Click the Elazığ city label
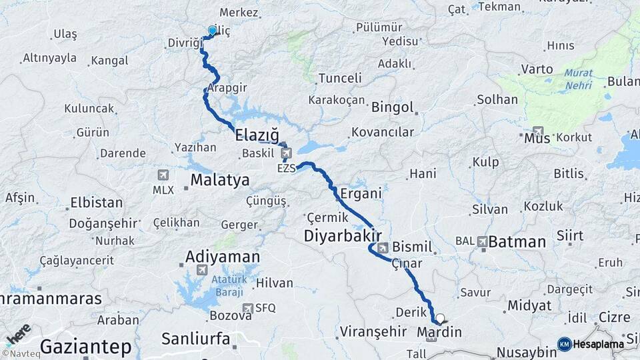pos(257,134)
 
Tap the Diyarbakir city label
pos(343,236)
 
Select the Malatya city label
pos(219,179)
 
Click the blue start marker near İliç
pos(213,31)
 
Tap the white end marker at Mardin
pos(439,319)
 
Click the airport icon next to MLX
pos(163,175)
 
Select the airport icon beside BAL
pos(481,241)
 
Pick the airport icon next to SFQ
pos(248,308)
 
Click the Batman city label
pos(517,241)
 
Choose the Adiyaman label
pos(223,257)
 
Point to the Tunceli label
pos(340,78)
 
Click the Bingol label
pos(393,107)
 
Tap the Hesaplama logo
pos(594,344)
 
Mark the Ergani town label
pos(361,193)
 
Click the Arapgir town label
pos(227,87)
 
